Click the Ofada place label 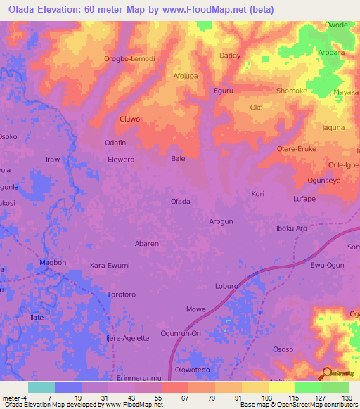coord(181,202)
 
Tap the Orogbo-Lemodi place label coord(129,59)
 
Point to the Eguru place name coord(223,91)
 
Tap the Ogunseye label coord(324,181)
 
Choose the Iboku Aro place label coord(292,228)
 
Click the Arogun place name coord(221,221)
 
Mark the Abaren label coord(146,244)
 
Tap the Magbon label coord(53,263)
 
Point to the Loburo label coord(227,287)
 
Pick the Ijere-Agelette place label coord(127,338)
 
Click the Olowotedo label coord(192,370)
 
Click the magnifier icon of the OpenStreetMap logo coord(326,372)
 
